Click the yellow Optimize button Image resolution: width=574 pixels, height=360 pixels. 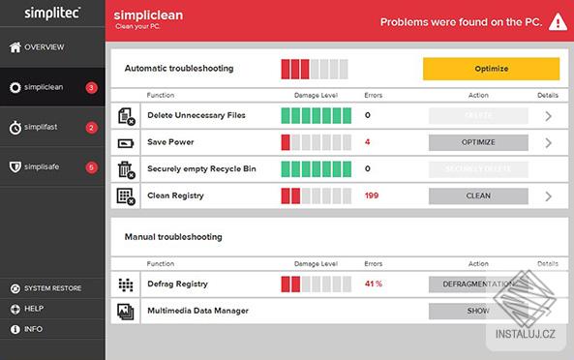[491, 69]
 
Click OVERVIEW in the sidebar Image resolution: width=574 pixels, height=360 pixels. [45, 46]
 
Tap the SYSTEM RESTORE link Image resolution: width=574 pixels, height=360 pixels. [52, 288]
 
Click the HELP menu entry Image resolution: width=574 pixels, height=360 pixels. [34, 309]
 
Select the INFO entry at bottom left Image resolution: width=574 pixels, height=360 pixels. [34, 329]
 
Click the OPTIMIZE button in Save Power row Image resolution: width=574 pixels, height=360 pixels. [478, 142]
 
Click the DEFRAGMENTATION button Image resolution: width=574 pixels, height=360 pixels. [478, 284]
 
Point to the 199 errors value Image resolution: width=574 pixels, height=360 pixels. [372, 195]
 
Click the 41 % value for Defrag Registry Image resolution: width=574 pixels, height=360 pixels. [374, 284]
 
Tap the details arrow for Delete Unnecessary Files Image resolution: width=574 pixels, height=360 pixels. [548, 116]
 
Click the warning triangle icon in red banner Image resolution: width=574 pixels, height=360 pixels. [557, 21]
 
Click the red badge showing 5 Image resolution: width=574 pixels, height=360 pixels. [91, 166]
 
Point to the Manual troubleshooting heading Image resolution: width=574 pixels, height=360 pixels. [173, 236]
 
